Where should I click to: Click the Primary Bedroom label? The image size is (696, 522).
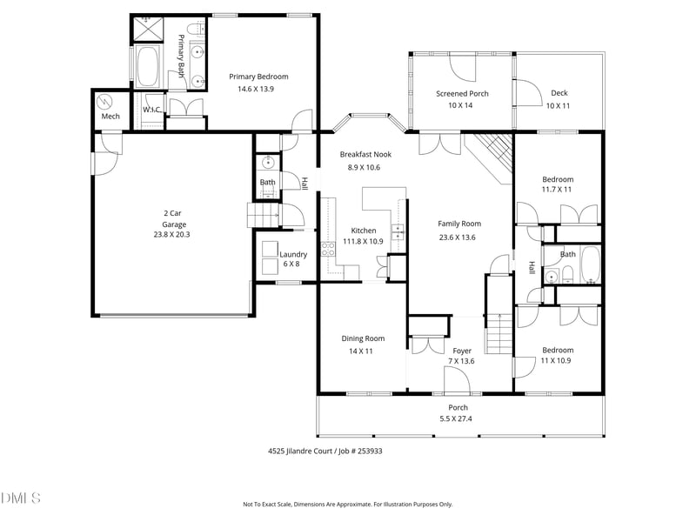click(258, 77)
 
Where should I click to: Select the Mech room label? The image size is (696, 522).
click(110, 116)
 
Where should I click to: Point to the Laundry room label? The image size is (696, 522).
click(292, 254)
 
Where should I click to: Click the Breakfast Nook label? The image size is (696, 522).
click(365, 154)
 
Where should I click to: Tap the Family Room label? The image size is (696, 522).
click(458, 224)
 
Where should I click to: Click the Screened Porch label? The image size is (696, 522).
click(462, 93)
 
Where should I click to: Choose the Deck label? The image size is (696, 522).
click(559, 93)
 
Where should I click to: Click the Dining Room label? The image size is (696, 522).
click(362, 338)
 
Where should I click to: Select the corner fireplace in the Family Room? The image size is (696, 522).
click(488, 157)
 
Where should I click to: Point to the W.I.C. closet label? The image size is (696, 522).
click(153, 110)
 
